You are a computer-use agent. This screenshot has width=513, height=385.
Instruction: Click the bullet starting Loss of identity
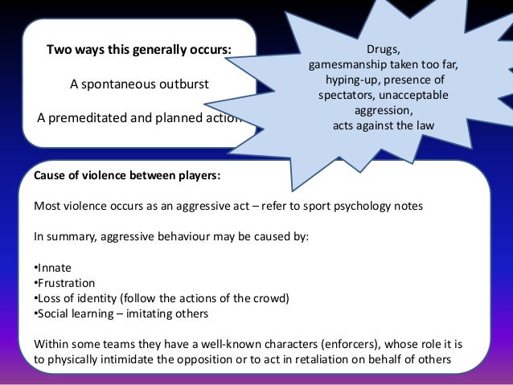pyautogui.click(x=160, y=298)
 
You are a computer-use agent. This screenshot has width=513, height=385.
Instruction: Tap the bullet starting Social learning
pyautogui.click(x=121, y=313)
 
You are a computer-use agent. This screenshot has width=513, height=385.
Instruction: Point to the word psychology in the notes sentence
pyautogui.click(x=351, y=205)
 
